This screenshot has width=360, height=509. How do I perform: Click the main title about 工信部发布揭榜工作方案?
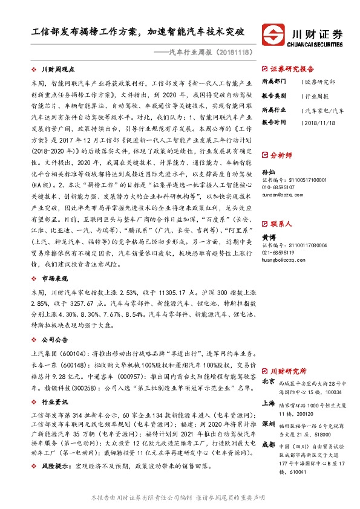coord(138,31)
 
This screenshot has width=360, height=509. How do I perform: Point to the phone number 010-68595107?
coord(280,187)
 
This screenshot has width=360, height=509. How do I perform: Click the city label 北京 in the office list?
coord(268,382)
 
